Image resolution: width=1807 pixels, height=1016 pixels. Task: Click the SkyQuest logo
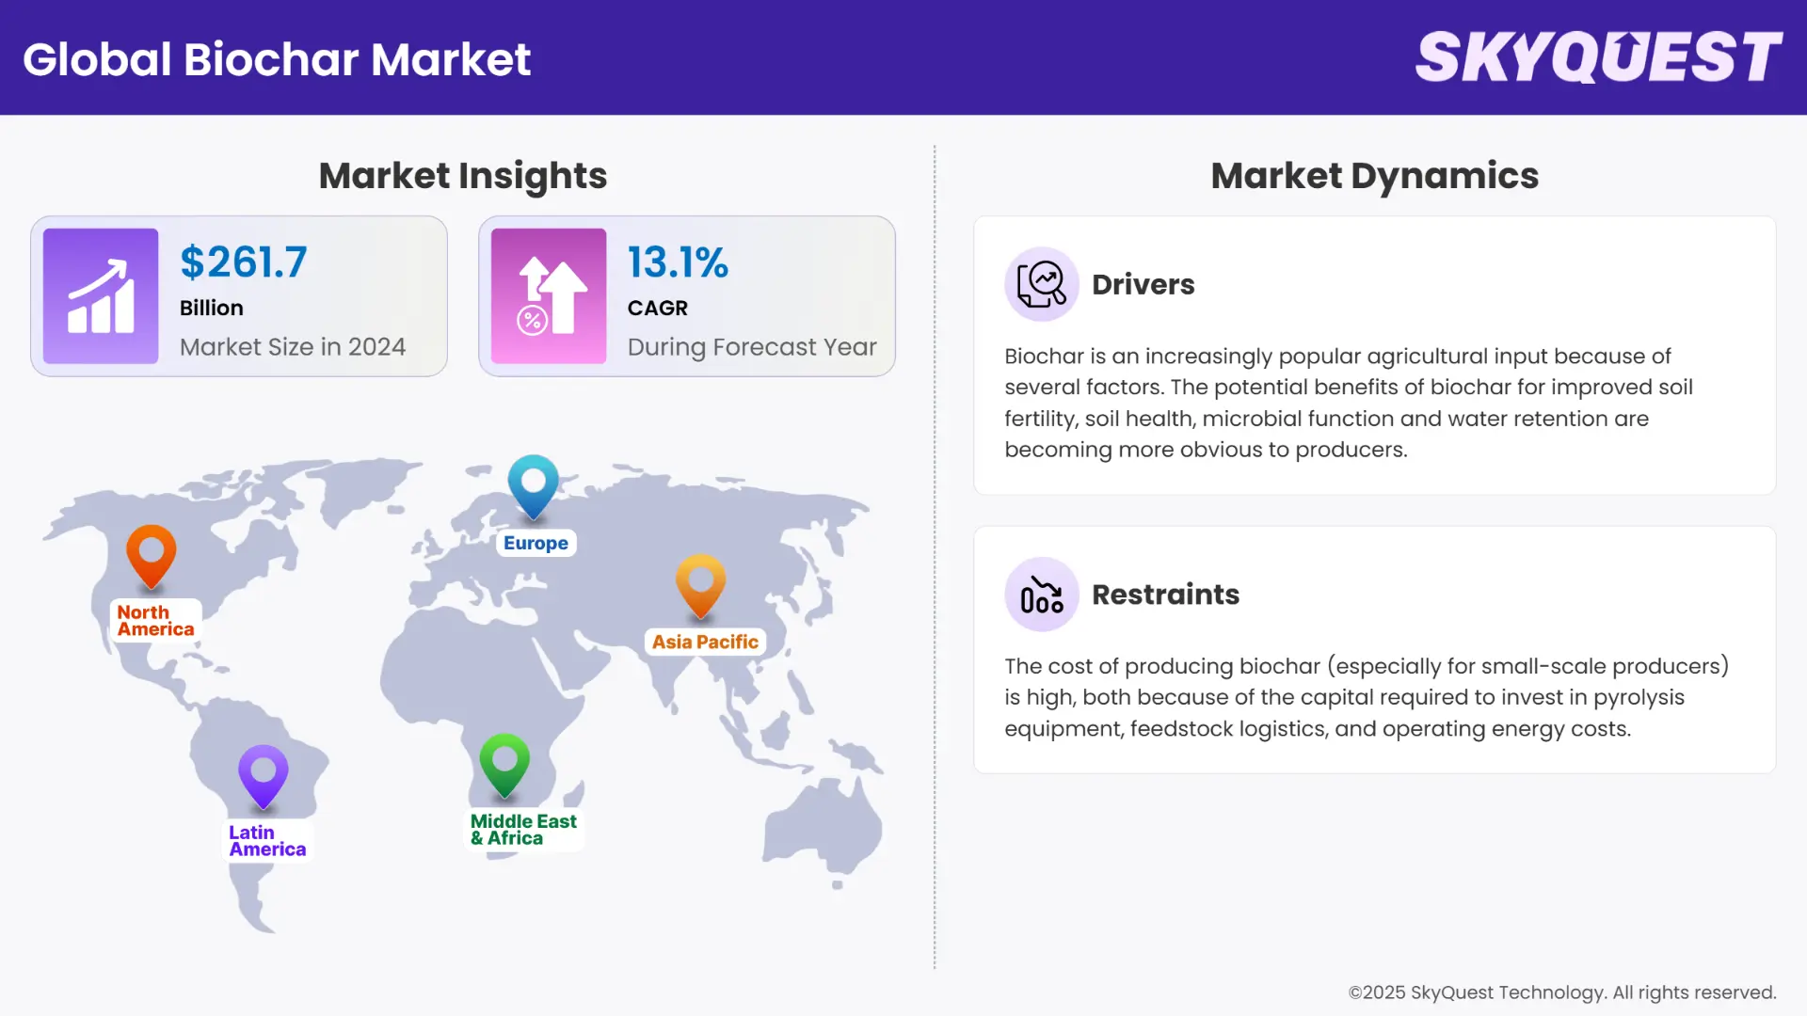(x=1598, y=57)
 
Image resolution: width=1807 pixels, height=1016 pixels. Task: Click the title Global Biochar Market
(x=277, y=59)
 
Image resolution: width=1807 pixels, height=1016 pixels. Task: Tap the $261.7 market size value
(x=244, y=262)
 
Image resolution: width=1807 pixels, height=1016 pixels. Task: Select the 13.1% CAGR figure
(x=678, y=262)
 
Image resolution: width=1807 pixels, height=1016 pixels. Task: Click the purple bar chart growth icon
(x=101, y=296)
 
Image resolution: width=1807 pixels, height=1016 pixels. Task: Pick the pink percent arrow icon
(x=549, y=296)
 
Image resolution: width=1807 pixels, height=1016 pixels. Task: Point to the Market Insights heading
(x=462, y=176)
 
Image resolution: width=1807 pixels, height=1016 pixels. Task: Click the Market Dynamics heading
(x=1374, y=176)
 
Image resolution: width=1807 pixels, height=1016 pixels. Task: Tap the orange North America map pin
(x=152, y=555)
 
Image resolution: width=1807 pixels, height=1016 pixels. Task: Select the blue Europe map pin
(x=534, y=484)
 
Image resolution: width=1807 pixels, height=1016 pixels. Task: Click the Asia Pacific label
(x=705, y=642)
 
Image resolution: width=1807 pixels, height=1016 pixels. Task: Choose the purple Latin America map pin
(x=264, y=775)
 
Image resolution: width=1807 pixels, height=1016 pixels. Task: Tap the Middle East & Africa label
(x=523, y=830)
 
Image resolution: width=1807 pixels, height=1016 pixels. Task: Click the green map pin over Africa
(x=504, y=763)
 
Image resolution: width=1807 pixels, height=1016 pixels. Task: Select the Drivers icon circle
(x=1041, y=284)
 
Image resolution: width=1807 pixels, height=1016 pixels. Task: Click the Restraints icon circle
(x=1041, y=595)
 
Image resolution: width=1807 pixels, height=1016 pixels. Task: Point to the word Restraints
(x=1165, y=595)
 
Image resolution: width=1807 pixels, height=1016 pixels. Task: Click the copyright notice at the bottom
(x=1561, y=992)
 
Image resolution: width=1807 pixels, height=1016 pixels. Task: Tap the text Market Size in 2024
(x=293, y=347)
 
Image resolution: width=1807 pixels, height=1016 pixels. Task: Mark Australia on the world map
(x=824, y=823)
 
